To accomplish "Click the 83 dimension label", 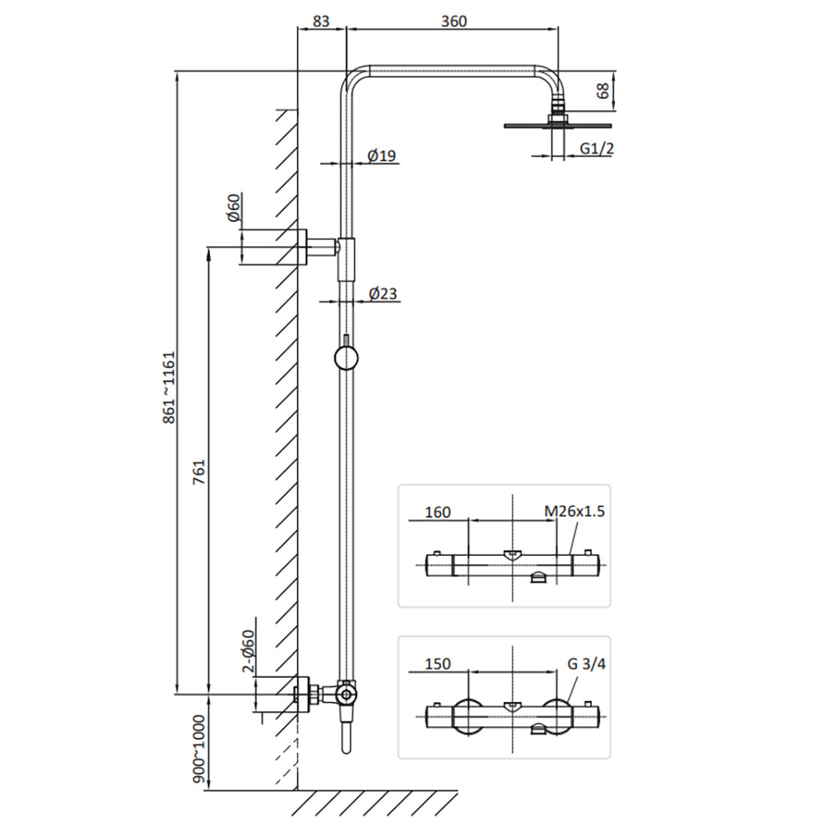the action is [321, 21].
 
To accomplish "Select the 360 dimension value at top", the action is [454, 21].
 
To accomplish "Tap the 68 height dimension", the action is [603, 91].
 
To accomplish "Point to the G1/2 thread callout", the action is [597, 148].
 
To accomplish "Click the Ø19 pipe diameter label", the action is [382, 156].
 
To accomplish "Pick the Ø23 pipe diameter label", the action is [382, 293].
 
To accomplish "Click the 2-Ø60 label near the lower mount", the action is [247, 651].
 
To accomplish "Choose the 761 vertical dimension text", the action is [199, 472].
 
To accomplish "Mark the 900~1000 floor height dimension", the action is [199, 748].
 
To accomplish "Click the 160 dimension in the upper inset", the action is [438, 512].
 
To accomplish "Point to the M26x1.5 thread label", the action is [574, 511].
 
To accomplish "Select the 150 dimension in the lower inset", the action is [438, 664].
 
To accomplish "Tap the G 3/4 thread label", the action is [586, 664].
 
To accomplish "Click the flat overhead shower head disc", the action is [558, 126].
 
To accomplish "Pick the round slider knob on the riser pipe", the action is [346, 358].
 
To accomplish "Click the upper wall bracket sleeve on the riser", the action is [346, 259].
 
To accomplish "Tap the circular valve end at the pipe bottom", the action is [346, 695].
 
